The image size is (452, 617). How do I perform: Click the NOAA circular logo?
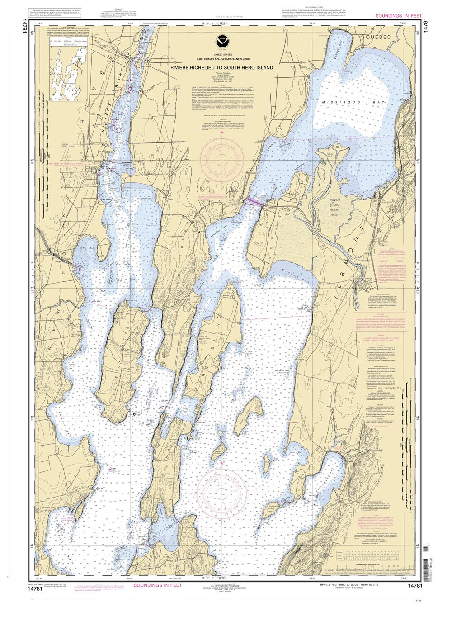coord(221,39)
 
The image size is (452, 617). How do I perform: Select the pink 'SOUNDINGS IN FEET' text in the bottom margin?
coord(159,585)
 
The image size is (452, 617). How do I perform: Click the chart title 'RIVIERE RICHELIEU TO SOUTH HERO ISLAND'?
coord(221,68)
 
